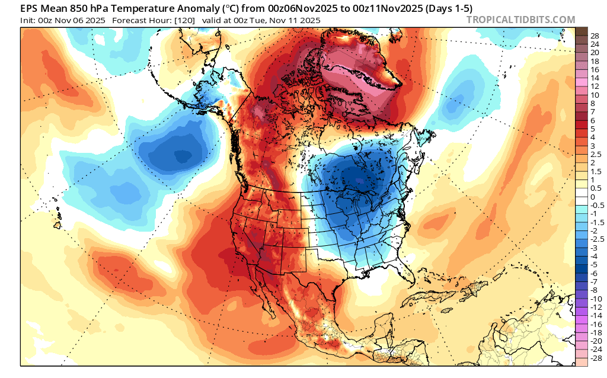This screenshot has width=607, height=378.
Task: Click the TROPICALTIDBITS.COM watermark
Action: click(x=520, y=20)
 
